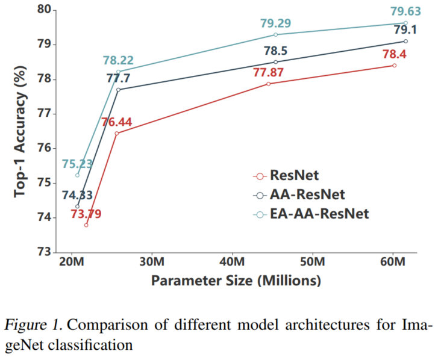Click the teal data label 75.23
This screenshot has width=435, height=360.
pos(77,164)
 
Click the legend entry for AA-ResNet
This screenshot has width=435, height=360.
pos(307,194)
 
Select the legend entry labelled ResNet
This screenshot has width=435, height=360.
pos(295,175)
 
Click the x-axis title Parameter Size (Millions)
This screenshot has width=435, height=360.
pos(236,281)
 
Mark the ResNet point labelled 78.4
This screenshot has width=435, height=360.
pos(395,65)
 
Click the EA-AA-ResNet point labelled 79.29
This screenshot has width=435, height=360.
pos(275,34)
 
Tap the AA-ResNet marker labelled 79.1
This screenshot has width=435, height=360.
pos(405,41)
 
